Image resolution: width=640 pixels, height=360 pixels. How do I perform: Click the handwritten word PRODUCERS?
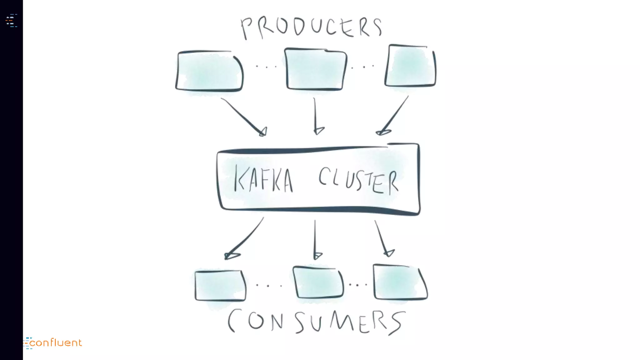(311, 27)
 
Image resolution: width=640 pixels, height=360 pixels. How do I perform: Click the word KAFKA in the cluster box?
(264, 179)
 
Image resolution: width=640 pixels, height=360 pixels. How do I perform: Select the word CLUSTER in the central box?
(358, 181)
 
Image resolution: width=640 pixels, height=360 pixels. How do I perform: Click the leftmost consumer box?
(220, 286)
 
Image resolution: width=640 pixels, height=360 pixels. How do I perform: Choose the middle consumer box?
(318, 282)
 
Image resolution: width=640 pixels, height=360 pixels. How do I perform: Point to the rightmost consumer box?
(400, 282)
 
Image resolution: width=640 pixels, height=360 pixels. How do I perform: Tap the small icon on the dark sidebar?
(11, 21)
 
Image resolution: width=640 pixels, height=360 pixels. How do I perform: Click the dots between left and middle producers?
(266, 67)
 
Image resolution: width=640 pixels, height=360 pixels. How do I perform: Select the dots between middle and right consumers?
(358, 285)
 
